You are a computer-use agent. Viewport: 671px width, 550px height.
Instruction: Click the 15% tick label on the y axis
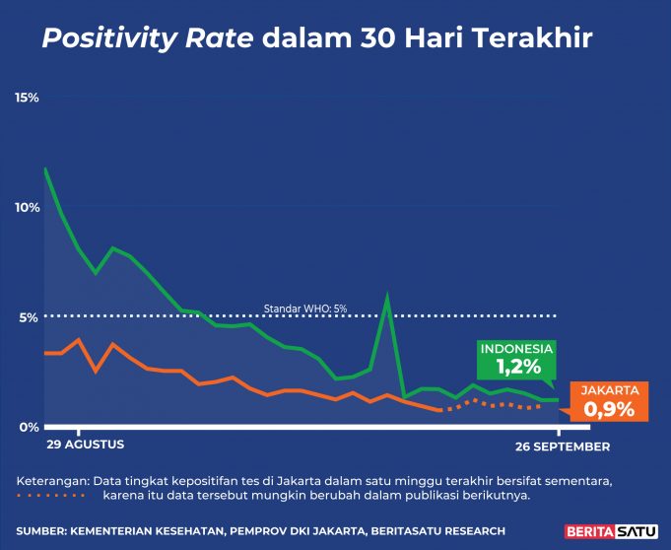(x=27, y=98)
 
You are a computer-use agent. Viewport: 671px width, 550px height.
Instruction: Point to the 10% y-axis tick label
(x=27, y=208)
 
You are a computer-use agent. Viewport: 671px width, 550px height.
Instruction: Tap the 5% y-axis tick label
(x=29, y=317)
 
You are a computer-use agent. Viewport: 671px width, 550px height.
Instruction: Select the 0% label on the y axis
(x=29, y=427)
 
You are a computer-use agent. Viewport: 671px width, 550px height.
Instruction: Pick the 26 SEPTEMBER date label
(x=564, y=447)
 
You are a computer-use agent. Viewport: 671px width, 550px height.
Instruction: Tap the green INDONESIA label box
(x=516, y=360)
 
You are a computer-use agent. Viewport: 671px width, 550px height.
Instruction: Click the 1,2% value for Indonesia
(x=517, y=368)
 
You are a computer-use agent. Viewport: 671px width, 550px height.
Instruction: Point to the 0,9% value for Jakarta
(x=609, y=409)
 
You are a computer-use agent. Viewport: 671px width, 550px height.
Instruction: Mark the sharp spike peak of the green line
(x=387, y=295)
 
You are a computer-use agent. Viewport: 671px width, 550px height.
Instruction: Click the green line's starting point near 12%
(x=45, y=169)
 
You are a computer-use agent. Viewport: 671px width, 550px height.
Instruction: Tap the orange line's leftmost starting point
(x=45, y=353)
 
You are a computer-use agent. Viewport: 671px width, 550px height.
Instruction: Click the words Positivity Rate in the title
(x=147, y=39)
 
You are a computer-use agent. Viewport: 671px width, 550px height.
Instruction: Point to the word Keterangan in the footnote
(x=51, y=480)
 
